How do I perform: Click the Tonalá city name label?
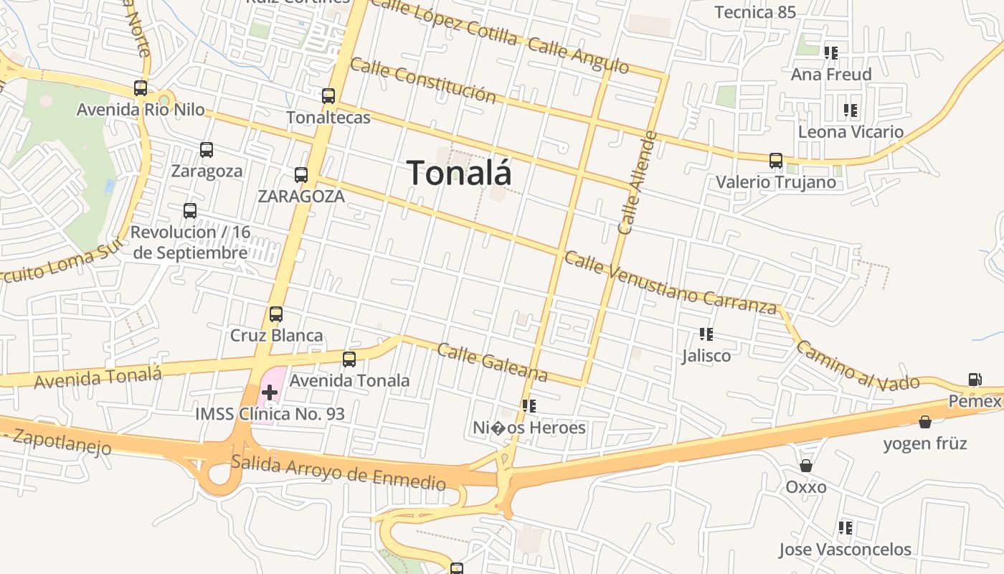coord(459,173)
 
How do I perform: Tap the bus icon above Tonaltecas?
coord(328,95)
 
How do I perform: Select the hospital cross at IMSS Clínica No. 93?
coord(270,392)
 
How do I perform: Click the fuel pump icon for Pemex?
coord(975,380)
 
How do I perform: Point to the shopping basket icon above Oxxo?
coord(806,466)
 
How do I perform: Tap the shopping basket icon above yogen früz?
coord(925,422)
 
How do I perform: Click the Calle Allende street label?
coord(637,183)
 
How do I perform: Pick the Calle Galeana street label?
coord(492,362)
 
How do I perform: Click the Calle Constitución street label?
coord(423,80)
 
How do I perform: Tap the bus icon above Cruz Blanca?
coord(276,314)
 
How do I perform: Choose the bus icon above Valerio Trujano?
coord(776,161)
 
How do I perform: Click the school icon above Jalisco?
coord(706,334)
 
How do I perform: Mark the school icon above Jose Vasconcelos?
coord(846,528)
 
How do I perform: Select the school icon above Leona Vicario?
coord(851,110)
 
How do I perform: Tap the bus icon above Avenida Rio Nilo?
coord(141,88)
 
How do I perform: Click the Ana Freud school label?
coord(831,75)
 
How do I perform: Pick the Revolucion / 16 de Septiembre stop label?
coord(190,243)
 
